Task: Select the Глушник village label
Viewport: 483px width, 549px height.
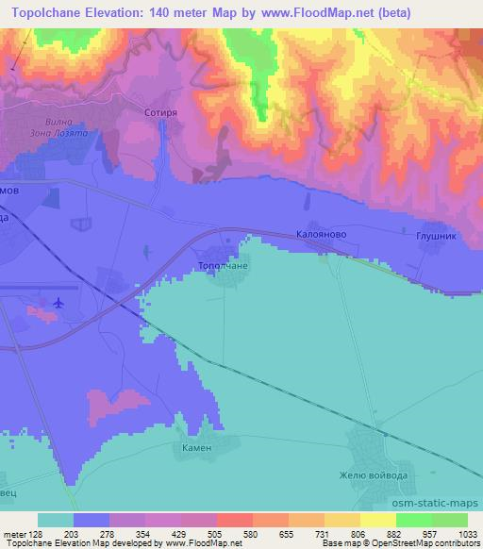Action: coord(436,236)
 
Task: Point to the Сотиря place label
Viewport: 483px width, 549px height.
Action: coord(159,110)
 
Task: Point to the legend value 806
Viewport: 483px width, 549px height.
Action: coord(358,535)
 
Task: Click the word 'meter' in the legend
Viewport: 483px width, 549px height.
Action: coord(14,535)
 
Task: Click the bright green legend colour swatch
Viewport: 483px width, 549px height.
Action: coord(414,520)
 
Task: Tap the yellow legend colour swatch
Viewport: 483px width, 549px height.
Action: coord(378,520)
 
